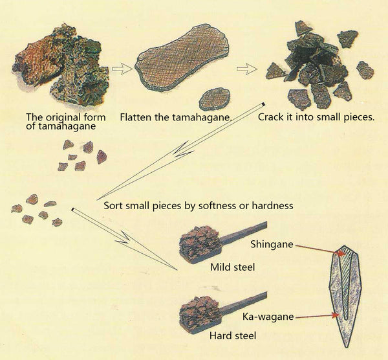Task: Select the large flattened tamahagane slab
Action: (182, 57)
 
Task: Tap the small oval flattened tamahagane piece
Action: (215, 99)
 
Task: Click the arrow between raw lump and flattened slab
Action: (122, 69)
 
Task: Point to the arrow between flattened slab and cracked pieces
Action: (247, 69)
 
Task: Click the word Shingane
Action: (272, 244)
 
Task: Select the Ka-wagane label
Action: (268, 317)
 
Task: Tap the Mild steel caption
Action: (232, 267)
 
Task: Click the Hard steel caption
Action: (233, 335)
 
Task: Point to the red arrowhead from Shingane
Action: (342, 253)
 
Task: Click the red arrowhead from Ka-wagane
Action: (336, 315)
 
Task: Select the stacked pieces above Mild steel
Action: (200, 243)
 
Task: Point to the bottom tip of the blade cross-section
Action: (346, 348)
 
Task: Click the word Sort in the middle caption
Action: (113, 205)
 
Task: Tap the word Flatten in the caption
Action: (136, 117)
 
